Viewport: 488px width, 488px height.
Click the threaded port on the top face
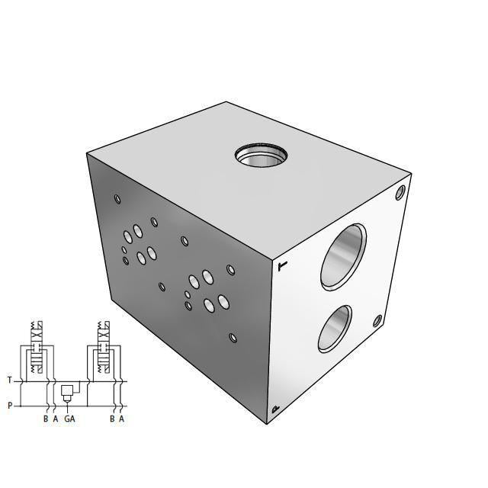coord(262,156)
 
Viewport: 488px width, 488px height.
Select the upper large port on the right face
coord(342,255)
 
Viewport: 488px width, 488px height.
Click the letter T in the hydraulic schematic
coord(10,380)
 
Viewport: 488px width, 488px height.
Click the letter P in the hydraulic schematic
coord(10,406)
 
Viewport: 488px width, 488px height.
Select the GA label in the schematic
coord(69,419)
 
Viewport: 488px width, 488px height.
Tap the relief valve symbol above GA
coord(66,391)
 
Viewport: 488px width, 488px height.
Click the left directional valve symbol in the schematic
coord(37,352)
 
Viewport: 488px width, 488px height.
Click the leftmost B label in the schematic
coord(46,419)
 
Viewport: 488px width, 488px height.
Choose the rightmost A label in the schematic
coord(121,419)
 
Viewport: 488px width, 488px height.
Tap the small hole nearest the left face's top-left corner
coord(117,200)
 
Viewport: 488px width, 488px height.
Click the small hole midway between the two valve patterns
coord(162,287)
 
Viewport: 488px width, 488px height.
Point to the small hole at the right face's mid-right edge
coord(376,322)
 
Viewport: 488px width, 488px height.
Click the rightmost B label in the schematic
coord(111,419)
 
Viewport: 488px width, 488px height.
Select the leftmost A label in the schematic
coord(56,419)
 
